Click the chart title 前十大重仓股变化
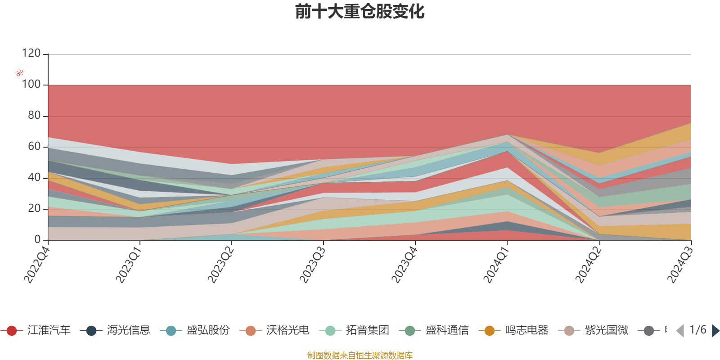click(360, 12)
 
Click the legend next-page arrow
click(715, 331)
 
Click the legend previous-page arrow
click(680, 331)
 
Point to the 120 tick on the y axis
click(31, 54)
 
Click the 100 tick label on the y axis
click(31, 85)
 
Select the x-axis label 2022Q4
click(37, 263)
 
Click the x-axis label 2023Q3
click(312, 263)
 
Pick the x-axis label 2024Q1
click(496, 263)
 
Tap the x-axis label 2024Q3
click(679, 263)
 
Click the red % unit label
click(20, 73)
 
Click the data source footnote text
click(360, 355)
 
